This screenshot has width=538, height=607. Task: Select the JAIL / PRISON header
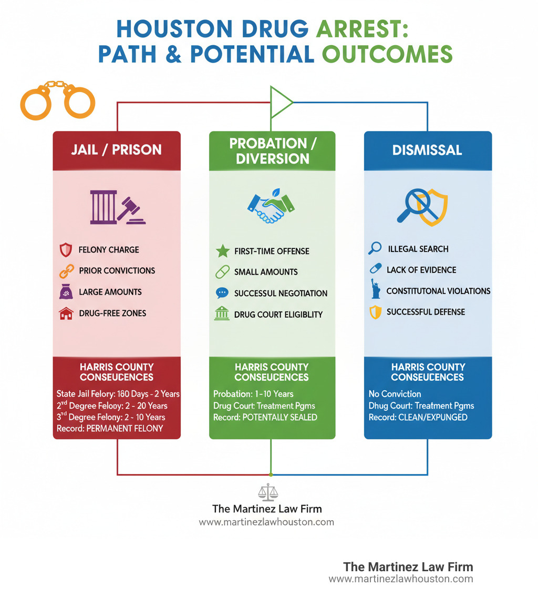coord(117,150)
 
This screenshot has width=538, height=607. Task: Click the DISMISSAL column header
coord(427,150)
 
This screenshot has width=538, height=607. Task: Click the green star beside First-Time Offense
coord(222,251)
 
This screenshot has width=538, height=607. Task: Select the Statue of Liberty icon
coord(375,289)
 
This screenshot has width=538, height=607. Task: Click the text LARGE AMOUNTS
coord(110,292)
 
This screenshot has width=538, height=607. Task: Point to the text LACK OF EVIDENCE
coord(421,270)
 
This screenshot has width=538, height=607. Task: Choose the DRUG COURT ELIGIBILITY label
coord(278,315)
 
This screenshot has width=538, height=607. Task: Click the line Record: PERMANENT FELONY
coord(109,428)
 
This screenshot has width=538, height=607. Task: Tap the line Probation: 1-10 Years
coord(253,393)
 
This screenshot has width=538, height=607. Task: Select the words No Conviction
coord(395,393)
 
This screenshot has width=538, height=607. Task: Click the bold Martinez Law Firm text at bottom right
coord(408,566)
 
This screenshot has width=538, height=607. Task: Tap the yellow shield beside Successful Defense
coord(375,313)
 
